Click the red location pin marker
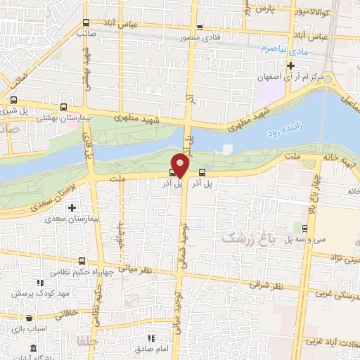point(181,165)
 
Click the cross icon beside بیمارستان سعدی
point(72,207)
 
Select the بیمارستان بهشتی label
point(61,121)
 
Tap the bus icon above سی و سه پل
point(304,228)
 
